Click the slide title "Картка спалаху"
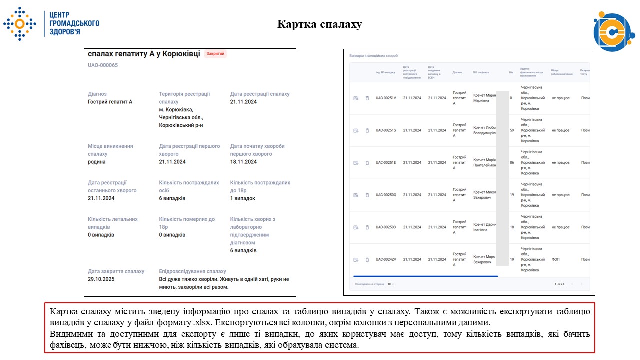pyautogui.click(x=320, y=24)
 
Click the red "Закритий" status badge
pyautogui.click(x=215, y=54)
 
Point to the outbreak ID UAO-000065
pyautogui.click(x=103, y=65)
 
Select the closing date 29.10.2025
pyautogui.click(x=101, y=279)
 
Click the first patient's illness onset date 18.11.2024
pyautogui.click(x=243, y=162)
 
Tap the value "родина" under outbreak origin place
pyautogui.click(x=97, y=162)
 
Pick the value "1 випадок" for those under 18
pyautogui.click(x=243, y=198)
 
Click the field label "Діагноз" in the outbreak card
pyautogui.click(x=97, y=94)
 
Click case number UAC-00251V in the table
pyautogui.click(x=386, y=98)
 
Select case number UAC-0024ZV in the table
pyautogui.click(x=386, y=259)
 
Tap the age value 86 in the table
pyautogui.click(x=512, y=162)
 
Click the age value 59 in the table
pyautogui.click(x=512, y=130)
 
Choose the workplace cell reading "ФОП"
pyautogui.click(x=556, y=259)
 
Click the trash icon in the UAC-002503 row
pyautogui.click(x=367, y=227)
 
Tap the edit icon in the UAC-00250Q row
pyautogui.click(x=356, y=195)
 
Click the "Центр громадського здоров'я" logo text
pyautogui.click(x=74, y=23)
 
